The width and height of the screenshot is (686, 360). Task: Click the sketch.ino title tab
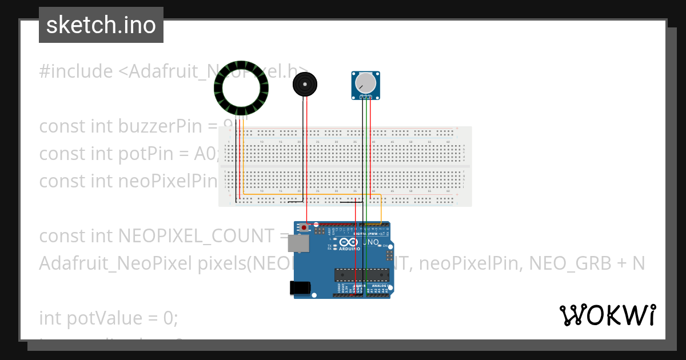101,25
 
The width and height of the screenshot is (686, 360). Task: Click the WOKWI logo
607,315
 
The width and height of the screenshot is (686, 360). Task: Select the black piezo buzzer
304,86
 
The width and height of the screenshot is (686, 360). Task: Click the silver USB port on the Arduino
298,242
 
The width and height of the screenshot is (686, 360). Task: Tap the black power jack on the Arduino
302,288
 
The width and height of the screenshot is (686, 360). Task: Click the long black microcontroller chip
360,275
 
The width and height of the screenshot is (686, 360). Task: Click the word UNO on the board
371,242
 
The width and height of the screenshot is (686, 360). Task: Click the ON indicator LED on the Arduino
385,246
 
